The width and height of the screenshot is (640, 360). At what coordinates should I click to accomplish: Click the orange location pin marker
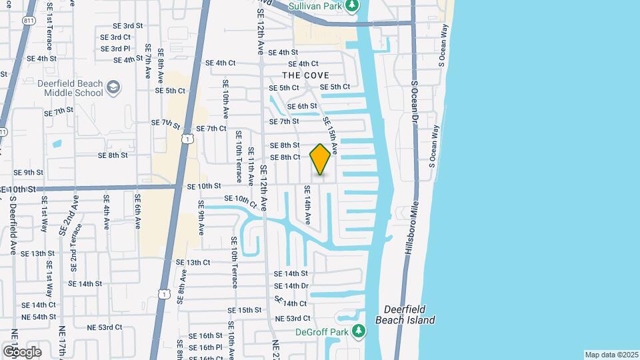click(x=321, y=159)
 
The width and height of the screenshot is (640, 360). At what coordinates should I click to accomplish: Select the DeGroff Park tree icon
click(x=359, y=331)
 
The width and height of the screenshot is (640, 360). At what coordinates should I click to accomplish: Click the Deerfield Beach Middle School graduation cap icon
click(x=114, y=87)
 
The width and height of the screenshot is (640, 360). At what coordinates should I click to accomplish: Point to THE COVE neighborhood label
click(x=306, y=75)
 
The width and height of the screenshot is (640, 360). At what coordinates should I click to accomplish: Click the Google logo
click(x=22, y=351)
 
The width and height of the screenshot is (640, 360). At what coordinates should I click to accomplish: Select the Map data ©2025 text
click(x=611, y=355)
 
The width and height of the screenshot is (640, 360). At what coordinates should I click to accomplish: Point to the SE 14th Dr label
click(x=291, y=285)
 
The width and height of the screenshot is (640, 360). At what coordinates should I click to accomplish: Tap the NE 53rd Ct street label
click(x=293, y=319)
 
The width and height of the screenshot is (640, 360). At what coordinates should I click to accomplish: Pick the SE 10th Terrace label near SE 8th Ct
click(x=238, y=158)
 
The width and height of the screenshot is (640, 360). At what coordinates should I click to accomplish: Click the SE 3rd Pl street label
click(x=115, y=49)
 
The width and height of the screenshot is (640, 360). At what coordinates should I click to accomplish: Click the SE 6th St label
click(x=302, y=106)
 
